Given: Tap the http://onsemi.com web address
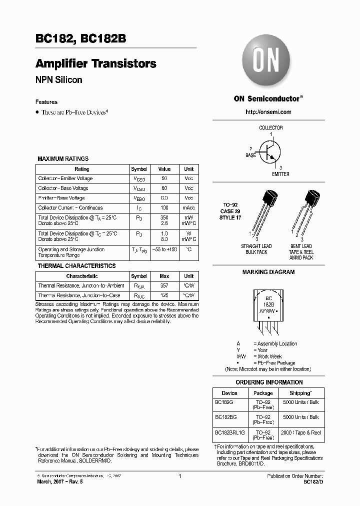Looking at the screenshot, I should click(x=268, y=112).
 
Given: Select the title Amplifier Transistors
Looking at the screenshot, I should click(x=96, y=64).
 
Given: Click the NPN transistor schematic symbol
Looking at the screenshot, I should click(x=270, y=151).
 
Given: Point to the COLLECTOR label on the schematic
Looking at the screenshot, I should click(x=270, y=128).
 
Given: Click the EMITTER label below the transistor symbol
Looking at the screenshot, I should click(x=280, y=174).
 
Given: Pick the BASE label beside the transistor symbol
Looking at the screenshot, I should click(x=250, y=155).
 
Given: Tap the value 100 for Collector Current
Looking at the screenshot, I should click(x=164, y=208).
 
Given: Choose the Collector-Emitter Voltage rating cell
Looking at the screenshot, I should click(x=65, y=178).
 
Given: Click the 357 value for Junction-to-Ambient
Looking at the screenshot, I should click(x=164, y=285).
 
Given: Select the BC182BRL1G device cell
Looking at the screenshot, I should click(x=229, y=432).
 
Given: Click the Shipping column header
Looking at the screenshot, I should click(x=300, y=393).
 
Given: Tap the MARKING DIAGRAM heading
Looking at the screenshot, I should click(x=268, y=272).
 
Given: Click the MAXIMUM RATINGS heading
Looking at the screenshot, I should click(x=63, y=159).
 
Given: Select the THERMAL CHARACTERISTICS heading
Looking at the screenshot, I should click(x=76, y=266).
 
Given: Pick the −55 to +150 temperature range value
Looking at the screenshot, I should click(x=164, y=249).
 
